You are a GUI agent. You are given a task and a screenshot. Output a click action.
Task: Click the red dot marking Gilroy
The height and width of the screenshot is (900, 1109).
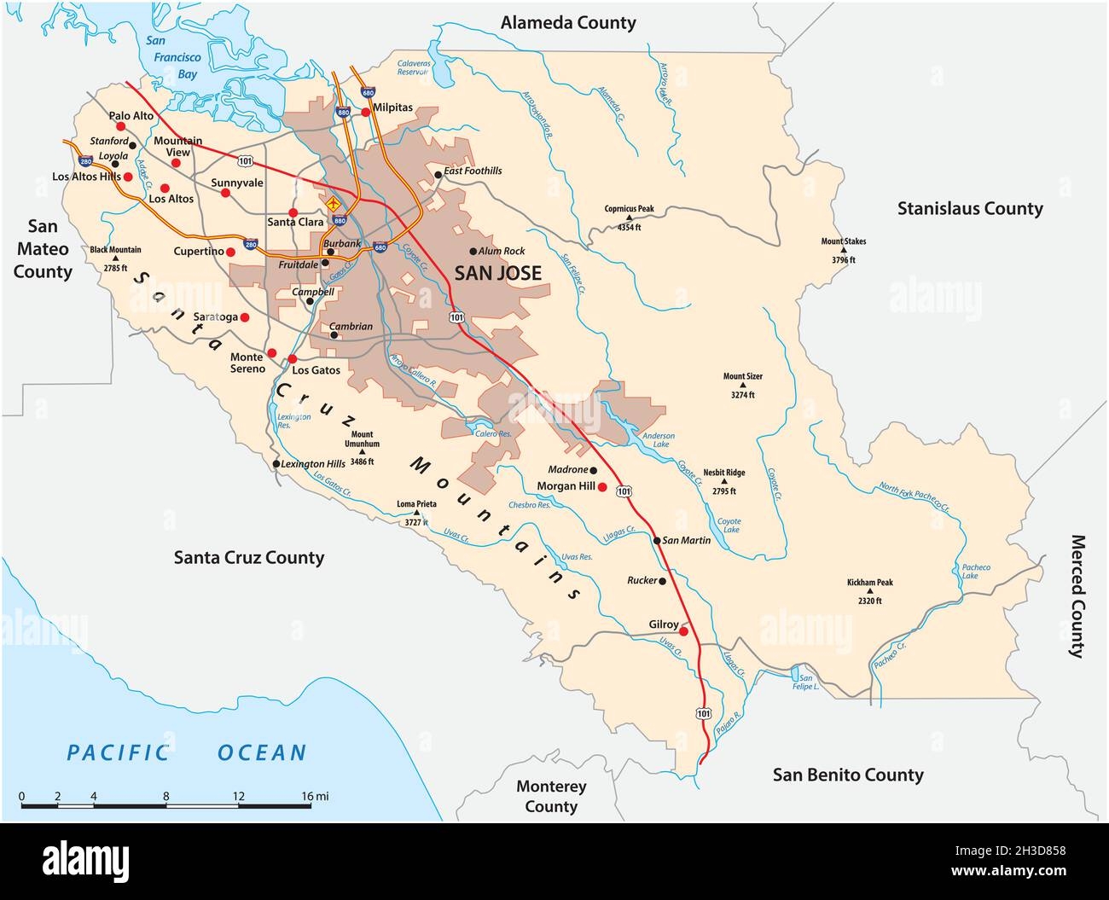point(682,632)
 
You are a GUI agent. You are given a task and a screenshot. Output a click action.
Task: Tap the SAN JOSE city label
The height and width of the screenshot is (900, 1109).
point(497,274)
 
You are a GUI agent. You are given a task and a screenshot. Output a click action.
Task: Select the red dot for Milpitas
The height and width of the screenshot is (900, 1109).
point(365,112)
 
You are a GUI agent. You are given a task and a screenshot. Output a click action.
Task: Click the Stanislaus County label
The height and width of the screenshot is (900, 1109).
point(969,208)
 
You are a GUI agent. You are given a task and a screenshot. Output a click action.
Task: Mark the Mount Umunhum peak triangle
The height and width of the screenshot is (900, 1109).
point(362,453)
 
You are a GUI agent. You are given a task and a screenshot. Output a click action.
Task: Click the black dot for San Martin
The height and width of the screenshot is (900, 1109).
point(656,540)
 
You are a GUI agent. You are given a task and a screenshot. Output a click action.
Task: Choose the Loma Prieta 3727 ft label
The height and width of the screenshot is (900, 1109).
point(416,510)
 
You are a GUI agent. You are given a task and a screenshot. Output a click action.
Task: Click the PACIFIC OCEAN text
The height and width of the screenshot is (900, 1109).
point(187,752)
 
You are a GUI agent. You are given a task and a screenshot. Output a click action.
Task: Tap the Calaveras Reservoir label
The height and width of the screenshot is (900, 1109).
point(412,68)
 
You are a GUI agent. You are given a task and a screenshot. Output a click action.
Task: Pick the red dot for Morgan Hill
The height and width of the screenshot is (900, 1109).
point(602,487)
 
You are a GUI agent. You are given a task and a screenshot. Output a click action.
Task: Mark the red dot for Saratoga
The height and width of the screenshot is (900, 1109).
point(244,317)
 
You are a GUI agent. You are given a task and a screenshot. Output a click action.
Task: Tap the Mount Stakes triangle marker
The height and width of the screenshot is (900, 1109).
point(844,252)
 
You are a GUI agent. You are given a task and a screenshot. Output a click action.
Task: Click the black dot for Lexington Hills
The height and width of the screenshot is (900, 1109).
point(276,464)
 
